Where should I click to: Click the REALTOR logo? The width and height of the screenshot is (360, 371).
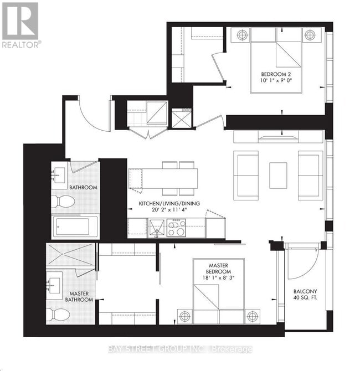click(20, 25)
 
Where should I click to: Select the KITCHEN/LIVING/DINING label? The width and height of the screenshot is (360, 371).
click(169, 203)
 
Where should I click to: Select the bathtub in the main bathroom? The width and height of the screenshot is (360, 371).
click(75, 226)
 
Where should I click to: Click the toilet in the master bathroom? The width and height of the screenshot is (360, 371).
click(56, 315)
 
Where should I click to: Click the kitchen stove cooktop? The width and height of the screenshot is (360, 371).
click(176, 228)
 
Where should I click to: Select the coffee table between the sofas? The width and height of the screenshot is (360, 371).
click(278, 174)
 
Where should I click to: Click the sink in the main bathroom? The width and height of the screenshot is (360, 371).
click(58, 176)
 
